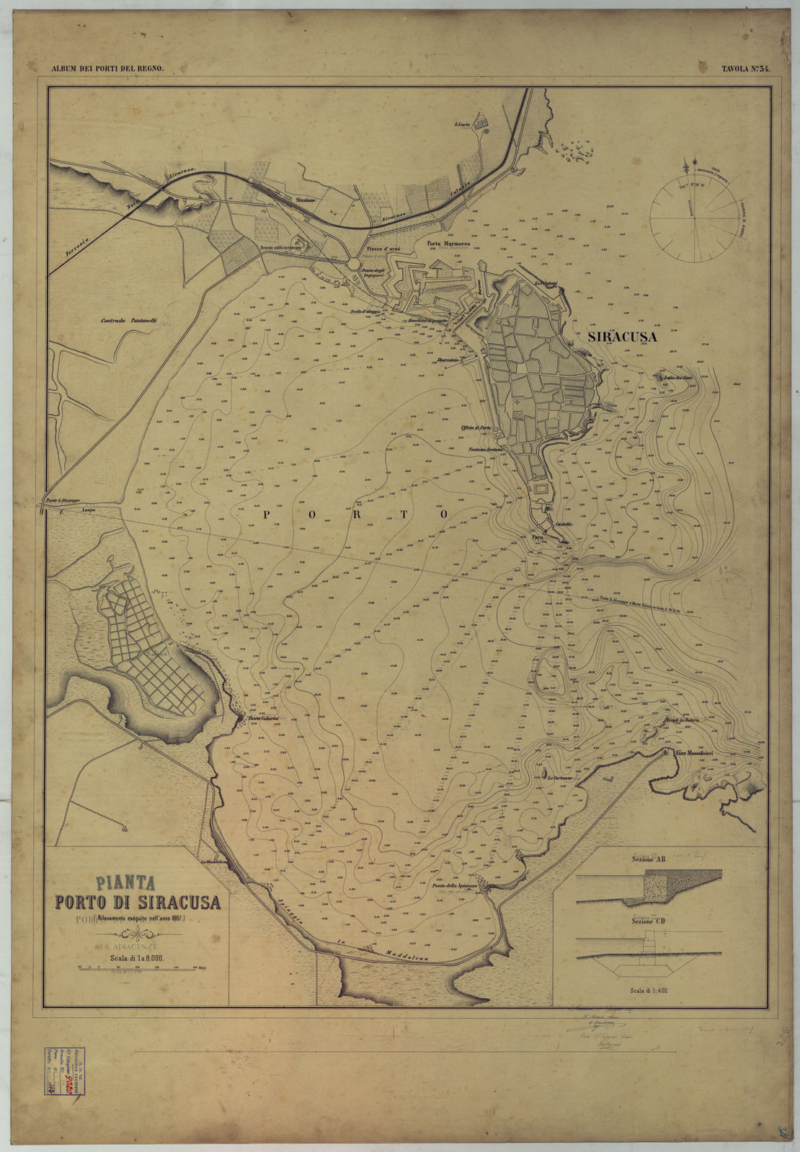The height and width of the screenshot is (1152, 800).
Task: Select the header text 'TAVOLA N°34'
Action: click(x=746, y=69)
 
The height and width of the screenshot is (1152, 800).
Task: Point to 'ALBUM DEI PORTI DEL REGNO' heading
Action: click(x=108, y=69)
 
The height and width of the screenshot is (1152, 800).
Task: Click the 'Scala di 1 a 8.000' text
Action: click(x=133, y=958)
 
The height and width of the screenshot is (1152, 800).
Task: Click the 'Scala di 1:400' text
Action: click(x=648, y=991)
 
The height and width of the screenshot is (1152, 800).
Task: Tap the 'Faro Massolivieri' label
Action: click(x=694, y=753)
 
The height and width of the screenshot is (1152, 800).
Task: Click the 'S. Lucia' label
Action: click(x=461, y=126)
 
